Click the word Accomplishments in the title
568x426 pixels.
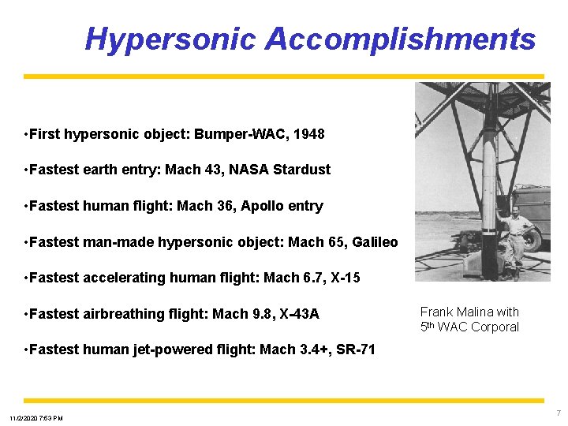coord(400,39)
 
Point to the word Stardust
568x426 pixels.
coord(303,170)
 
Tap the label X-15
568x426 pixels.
coord(342,278)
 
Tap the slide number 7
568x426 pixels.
coord(559,413)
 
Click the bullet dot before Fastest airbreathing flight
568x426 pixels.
coord(27,314)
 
